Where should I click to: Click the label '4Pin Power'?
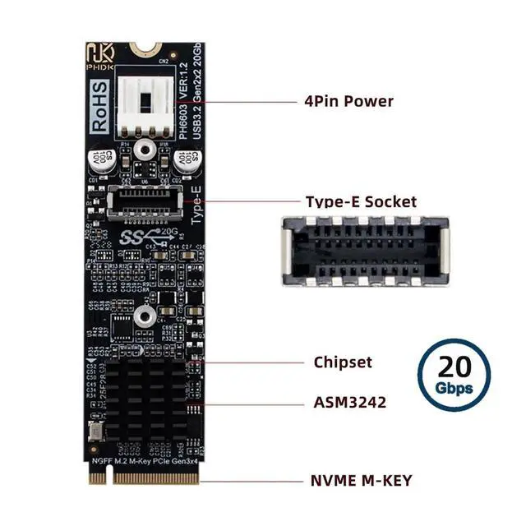point(348,102)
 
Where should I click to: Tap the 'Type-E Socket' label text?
point(360,201)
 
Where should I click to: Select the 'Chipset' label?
point(343,362)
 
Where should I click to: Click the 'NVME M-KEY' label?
point(362,480)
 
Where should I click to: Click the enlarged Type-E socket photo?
point(365,251)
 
